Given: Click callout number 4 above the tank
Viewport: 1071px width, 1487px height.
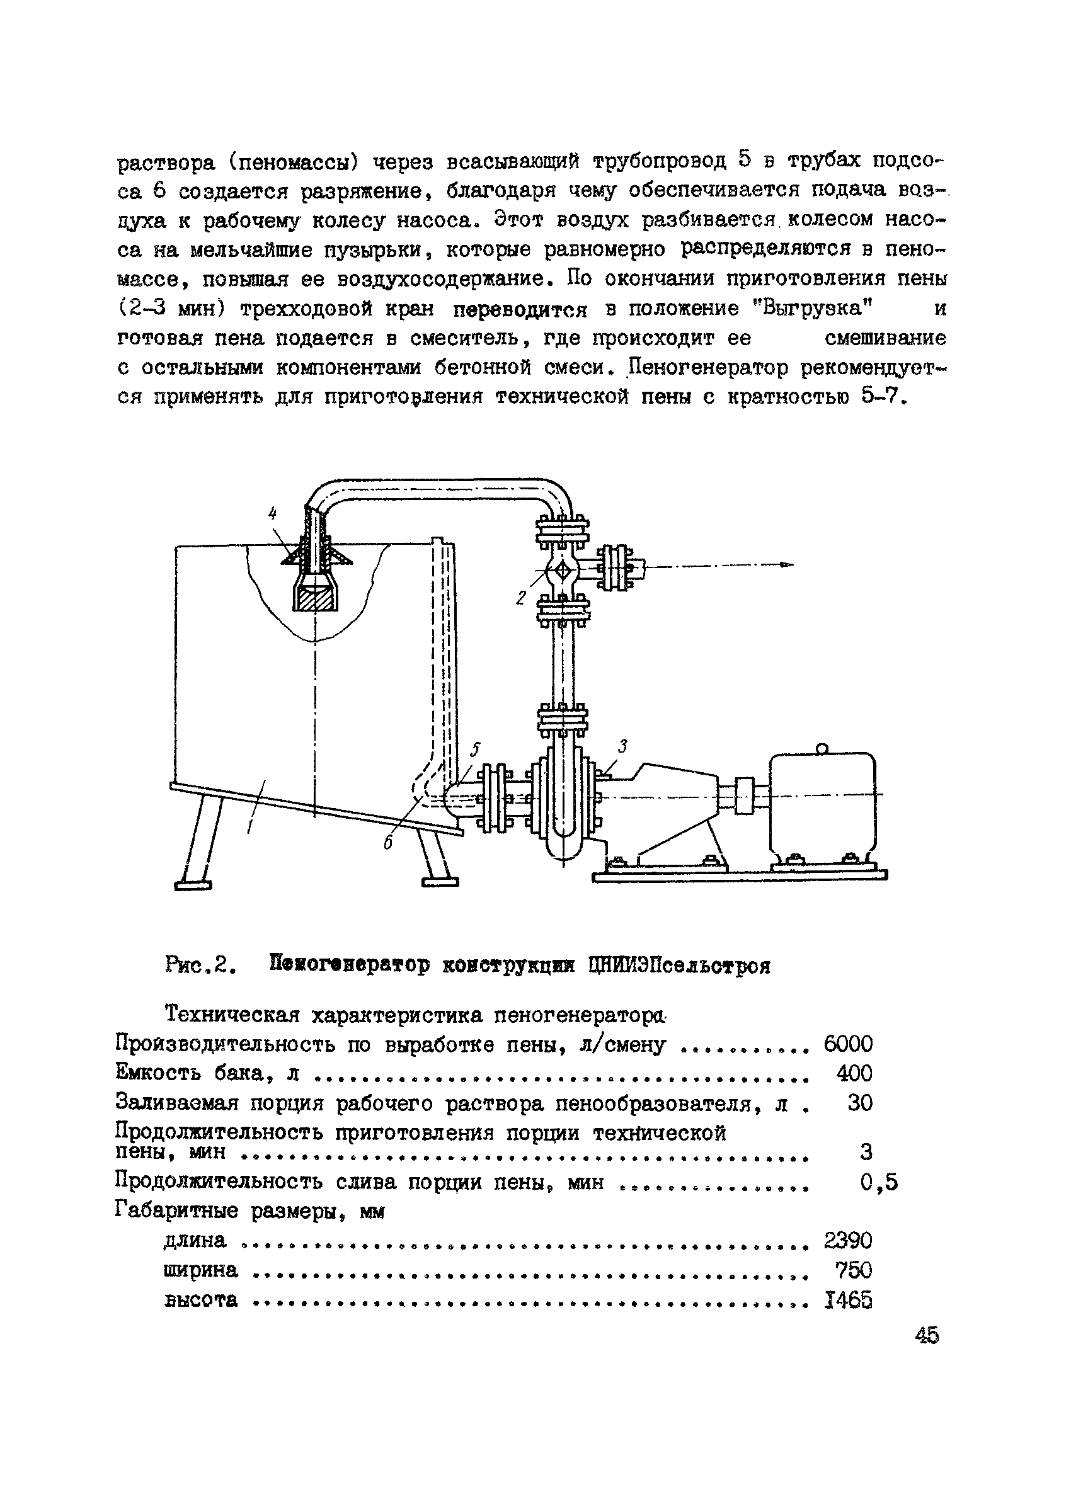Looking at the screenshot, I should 273,514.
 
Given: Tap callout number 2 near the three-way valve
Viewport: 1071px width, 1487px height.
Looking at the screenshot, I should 522,597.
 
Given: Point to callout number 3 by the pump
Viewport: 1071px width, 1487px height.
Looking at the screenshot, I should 622,746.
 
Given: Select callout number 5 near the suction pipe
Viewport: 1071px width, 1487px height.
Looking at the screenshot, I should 476,749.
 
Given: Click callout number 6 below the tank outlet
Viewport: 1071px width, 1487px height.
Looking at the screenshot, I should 388,845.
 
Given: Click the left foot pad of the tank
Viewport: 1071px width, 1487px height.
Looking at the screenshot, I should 193,886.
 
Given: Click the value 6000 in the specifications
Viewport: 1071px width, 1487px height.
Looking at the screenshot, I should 847,1044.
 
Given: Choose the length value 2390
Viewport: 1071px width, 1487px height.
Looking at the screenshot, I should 847,1241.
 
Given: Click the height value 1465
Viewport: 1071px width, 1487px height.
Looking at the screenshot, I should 847,1300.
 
